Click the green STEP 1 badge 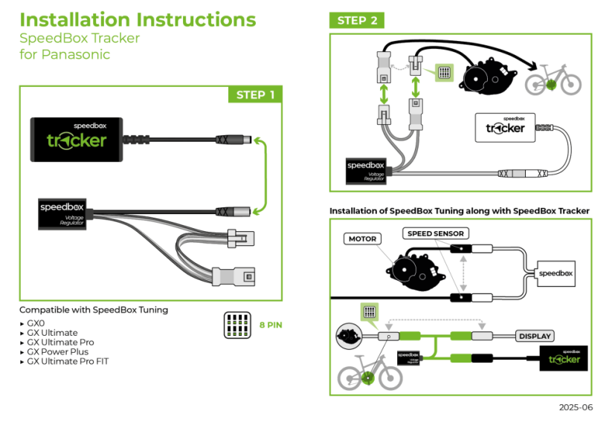(x=255, y=95)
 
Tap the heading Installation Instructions (x=138, y=20)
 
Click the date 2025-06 (x=576, y=407)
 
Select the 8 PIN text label (x=271, y=325)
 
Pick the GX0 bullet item (x=35, y=323)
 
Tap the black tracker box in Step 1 (x=77, y=138)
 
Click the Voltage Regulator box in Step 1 (x=64, y=212)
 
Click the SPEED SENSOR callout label (x=436, y=233)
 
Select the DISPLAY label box (x=535, y=336)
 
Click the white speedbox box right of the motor (x=555, y=273)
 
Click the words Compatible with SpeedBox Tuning (x=94, y=309)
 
